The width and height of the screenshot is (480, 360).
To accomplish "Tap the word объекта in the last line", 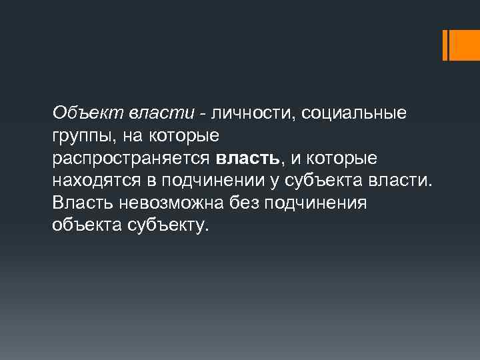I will tap(84, 225).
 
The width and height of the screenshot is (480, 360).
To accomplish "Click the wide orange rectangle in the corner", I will tap(463, 45).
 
